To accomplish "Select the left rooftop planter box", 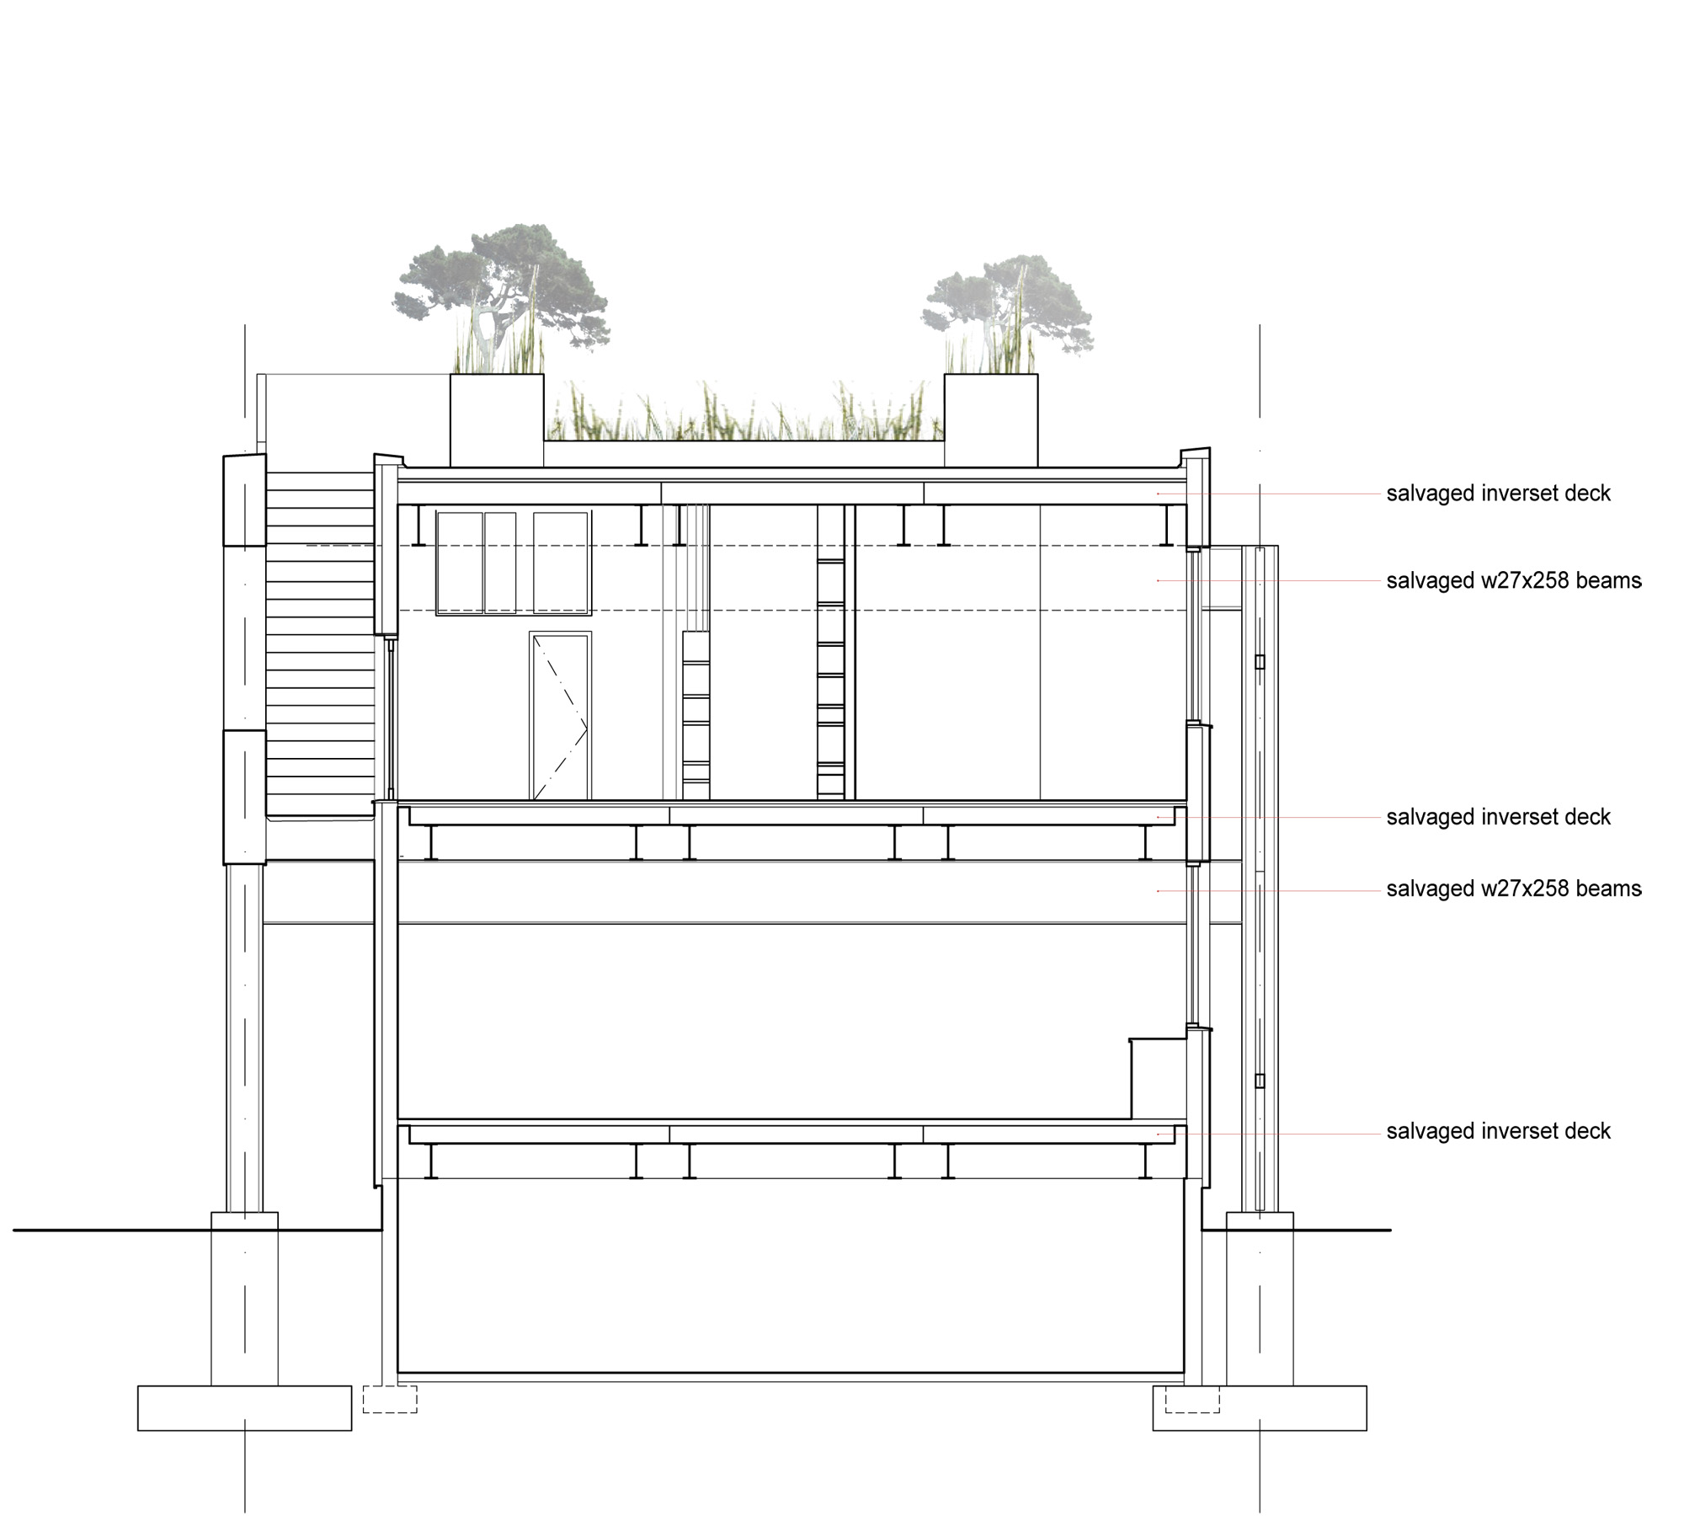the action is [497, 420].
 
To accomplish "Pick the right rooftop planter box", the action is [991, 420].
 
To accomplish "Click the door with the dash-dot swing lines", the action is [560, 716].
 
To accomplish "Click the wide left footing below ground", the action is [244, 1408].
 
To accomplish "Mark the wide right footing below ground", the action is [1260, 1408].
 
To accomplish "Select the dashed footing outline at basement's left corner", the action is [390, 1399].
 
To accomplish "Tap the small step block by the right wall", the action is [1158, 1079].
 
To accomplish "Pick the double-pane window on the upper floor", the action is [477, 563].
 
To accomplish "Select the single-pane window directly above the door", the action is [561, 563].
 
